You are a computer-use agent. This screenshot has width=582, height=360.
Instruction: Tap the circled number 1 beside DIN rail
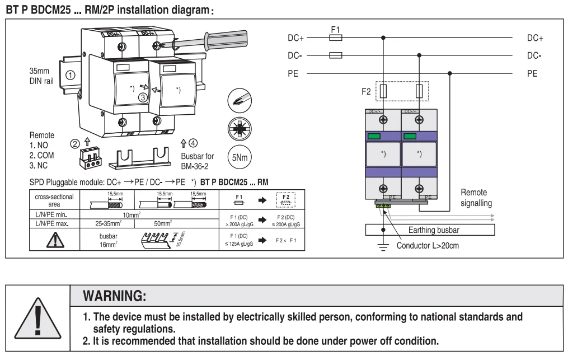click(71, 74)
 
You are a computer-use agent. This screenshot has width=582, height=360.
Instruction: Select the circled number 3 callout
click(144, 97)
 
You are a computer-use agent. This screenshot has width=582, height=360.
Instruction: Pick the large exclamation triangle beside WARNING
click(35, 317)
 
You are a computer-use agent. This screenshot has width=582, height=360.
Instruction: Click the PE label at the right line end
click(533, 73)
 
